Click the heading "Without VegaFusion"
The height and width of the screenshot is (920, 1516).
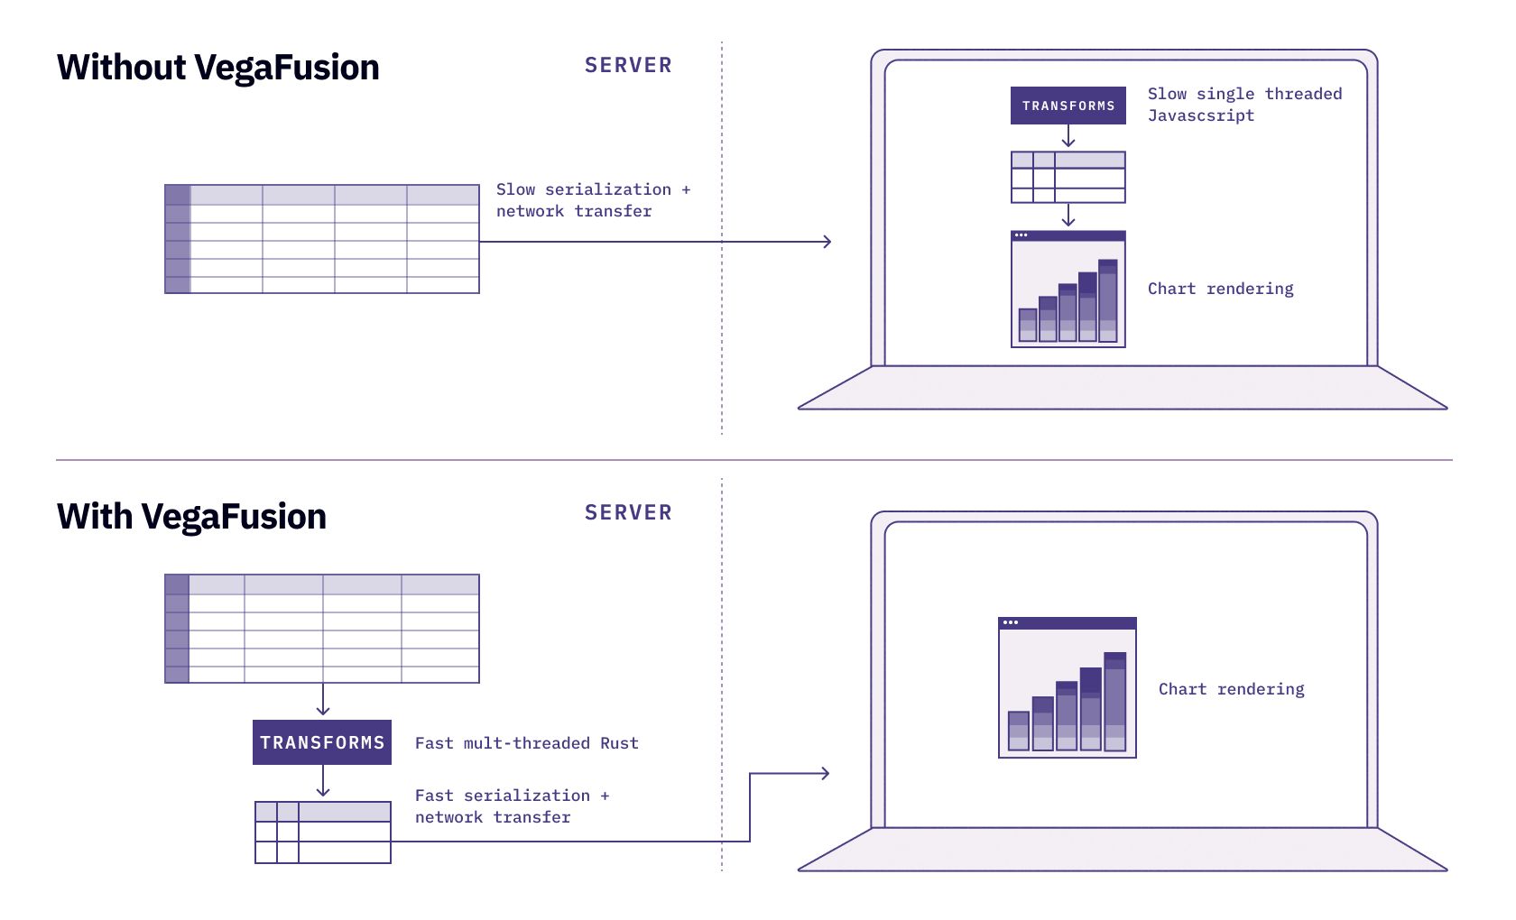tap(217, 68)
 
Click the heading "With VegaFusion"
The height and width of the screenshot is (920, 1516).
tap(191, 517)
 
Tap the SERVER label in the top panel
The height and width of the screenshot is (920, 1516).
tap(628, 65)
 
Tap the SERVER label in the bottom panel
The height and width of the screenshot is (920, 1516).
tap(628, 512)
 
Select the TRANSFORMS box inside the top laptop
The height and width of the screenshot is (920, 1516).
tap(1068, 106)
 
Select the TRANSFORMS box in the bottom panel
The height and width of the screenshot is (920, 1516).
tap(322, 742)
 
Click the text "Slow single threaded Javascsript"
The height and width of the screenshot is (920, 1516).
tap(1243, 105)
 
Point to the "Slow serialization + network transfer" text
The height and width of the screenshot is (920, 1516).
tap(592, 200)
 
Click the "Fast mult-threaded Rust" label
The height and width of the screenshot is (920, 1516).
tap(526, 743)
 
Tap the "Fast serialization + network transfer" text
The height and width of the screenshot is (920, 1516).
tap(511, 806)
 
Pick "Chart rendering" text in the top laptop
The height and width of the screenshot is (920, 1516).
tap(1220, 289)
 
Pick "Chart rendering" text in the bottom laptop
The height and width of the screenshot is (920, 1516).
tap(1231, 689)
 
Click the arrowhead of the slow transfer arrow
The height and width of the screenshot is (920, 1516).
tap(826, 242)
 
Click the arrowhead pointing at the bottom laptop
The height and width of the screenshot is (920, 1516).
tap(824, 773)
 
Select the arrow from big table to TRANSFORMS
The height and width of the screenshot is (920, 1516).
tap(323, 700)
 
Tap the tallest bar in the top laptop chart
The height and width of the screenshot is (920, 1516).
tap(1108, 300)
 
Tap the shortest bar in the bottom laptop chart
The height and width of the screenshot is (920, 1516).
tap(1019, 731)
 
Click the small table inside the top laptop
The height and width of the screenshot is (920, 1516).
tap(1068, 177)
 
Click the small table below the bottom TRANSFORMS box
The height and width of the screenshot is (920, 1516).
tap(322, 833)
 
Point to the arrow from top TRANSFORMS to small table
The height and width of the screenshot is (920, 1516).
tap(1068, 137)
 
